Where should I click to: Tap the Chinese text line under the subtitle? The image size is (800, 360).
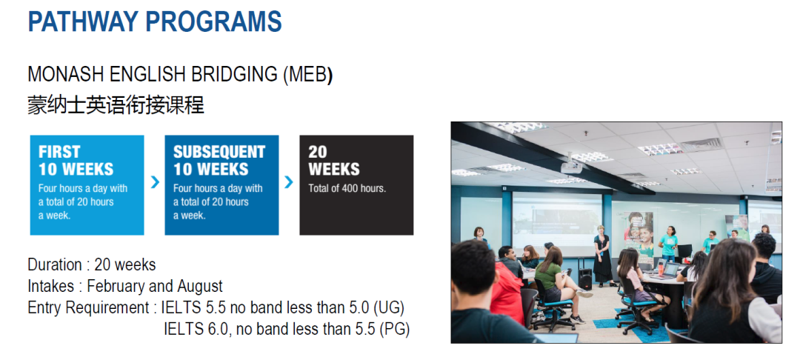coord(116,104)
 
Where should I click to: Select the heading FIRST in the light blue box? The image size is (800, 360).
coord(59,151)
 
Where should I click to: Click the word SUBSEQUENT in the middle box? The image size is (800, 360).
coord(219,151)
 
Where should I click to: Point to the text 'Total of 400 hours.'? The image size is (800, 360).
coord(347,188)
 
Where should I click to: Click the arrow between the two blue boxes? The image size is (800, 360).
coord(155,182)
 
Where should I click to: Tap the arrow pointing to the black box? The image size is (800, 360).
coord(289,182)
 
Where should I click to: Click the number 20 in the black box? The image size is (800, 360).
coord(317,151)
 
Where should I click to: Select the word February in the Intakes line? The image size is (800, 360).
coord(124,286)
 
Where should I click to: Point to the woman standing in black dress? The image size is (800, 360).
coord(602,255)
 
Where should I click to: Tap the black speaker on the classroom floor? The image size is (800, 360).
coord(584,279)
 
